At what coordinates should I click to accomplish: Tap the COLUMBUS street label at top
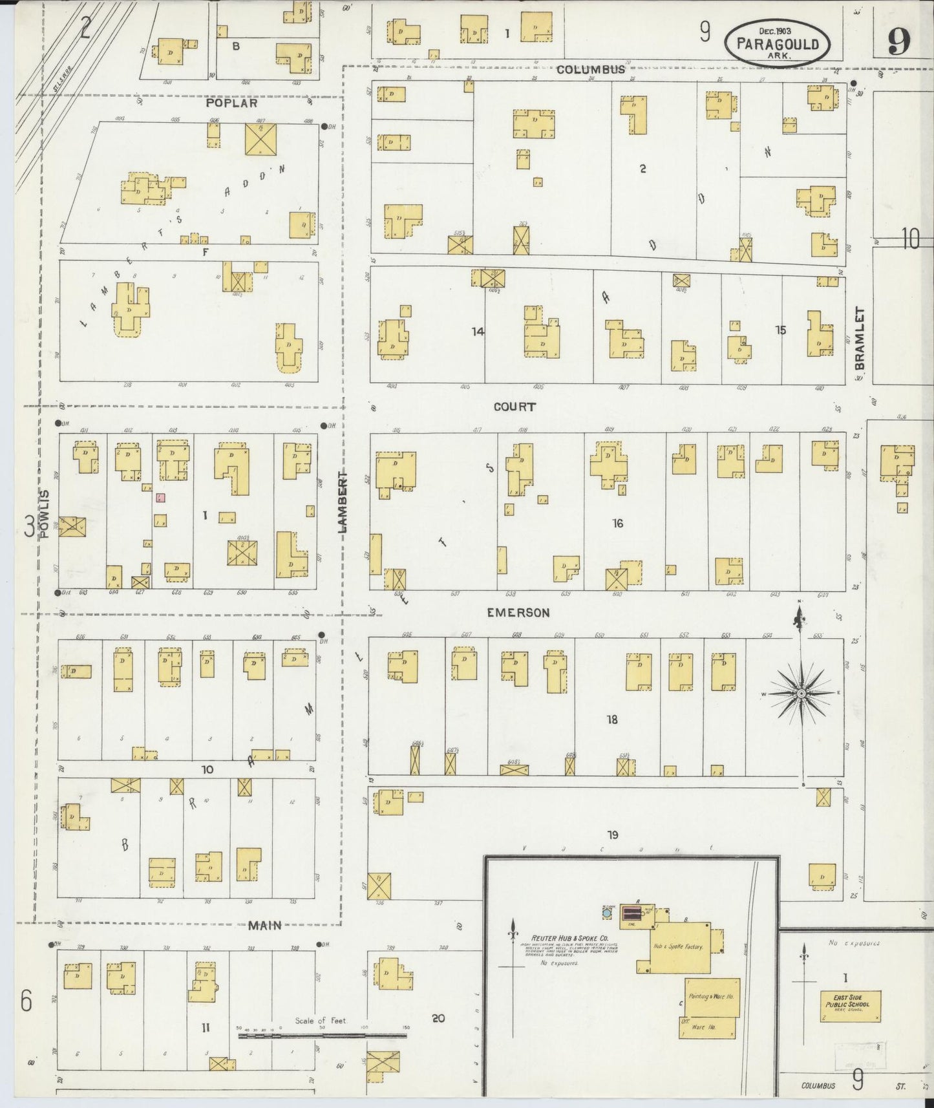(x=591, y=70)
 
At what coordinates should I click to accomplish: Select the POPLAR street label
(x=231, y=103)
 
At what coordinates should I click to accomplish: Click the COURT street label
(x=515, y=407)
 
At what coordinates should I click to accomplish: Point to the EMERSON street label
(x=518, y=612)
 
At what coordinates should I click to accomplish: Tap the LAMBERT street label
(x=343, y=502)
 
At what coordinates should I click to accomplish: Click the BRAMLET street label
(x=859, y=338)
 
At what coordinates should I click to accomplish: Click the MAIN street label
(x=265, y=926)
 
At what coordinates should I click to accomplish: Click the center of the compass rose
(x=801, y=694)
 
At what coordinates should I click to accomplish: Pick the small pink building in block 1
(x=160, y=498)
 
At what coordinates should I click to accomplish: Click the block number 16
(x=617, y=523)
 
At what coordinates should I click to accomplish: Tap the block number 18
(x=611, y=719)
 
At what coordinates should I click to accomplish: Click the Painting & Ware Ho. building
(x=710, y=997)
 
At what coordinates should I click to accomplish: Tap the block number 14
(x=478, y=332)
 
